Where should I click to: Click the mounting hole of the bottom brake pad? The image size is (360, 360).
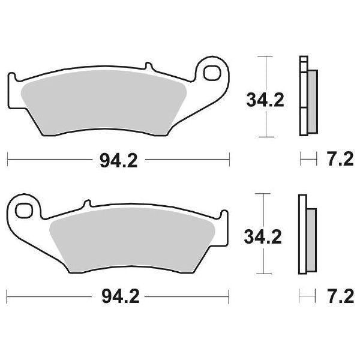coord(25,211)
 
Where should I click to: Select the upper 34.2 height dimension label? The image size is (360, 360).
coord(263,100)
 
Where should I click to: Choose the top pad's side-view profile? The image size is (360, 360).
coord(307,96)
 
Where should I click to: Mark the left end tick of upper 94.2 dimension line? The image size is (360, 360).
coord(7,160)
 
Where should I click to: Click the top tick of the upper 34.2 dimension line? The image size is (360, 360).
coord(263,57)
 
